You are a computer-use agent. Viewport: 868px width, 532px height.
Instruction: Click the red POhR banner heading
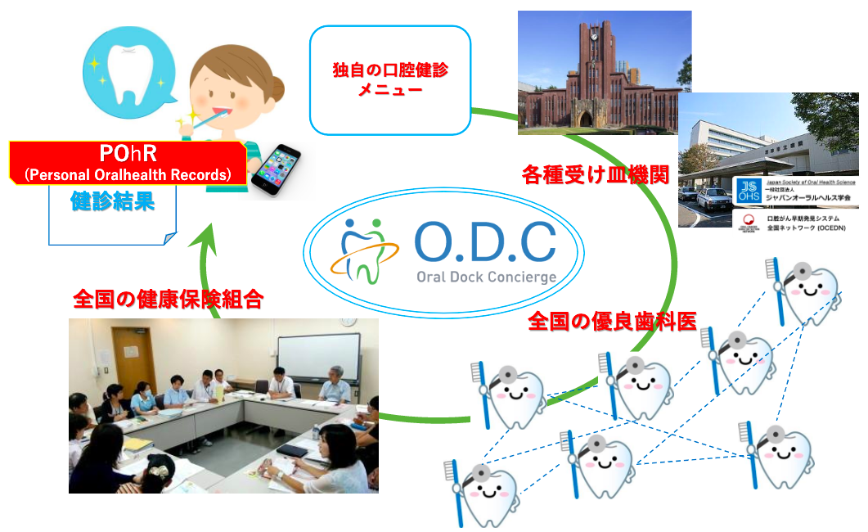tap(128, 163)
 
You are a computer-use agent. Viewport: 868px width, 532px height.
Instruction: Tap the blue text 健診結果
tap(112, 201)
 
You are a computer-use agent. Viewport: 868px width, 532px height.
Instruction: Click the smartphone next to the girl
tap(276, 169)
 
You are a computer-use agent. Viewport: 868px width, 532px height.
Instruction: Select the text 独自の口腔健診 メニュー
tap(389, 79)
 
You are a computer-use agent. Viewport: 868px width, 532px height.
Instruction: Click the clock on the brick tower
tap(594, 37)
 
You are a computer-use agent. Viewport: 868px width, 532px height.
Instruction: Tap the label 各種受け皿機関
tap(596, 175)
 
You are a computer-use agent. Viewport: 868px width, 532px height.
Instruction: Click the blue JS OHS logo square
tap(749, 191)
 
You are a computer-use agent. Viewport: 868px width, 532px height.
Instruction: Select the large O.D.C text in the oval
tap(485, 242)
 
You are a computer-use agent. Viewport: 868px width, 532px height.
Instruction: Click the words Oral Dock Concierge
tap(487, 277)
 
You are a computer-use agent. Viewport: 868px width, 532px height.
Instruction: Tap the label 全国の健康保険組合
tap(169, 300)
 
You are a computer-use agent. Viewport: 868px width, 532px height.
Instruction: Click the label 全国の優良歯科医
tap(612, 321)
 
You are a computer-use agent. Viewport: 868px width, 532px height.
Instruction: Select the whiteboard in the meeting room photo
tap(319, 358)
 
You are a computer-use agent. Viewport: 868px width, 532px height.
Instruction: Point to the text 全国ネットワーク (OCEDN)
tap(806, 228)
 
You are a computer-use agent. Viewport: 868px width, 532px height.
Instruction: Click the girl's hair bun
tap(275, 88)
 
